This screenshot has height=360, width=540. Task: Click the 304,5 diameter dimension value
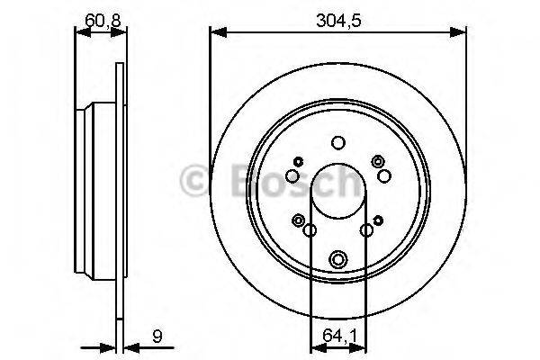coord(337,15)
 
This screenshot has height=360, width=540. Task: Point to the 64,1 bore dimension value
coord(337,340)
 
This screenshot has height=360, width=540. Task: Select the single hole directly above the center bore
coord(337,142)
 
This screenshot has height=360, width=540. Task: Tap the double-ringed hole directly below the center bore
coord(337,258)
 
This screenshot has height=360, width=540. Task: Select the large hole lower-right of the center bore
coord(366,231)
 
